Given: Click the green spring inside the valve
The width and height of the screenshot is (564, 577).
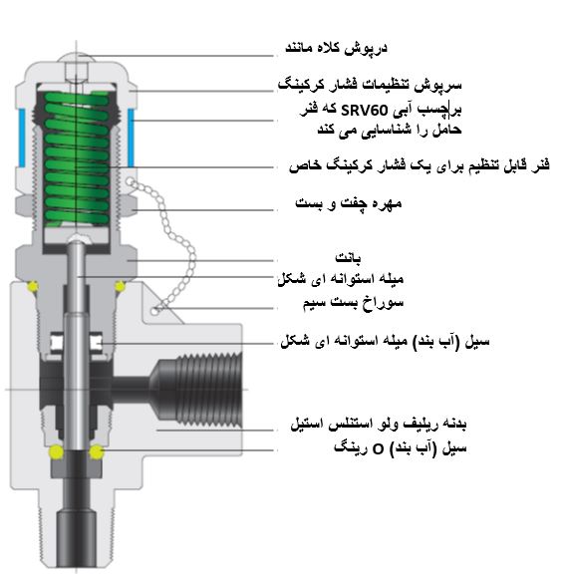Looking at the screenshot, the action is point(77,158).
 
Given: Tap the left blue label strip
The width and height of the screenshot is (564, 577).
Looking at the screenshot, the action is point(22,138).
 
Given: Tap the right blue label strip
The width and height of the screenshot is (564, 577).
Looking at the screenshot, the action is point(131,138).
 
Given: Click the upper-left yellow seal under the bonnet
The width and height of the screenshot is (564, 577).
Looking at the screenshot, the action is point(32,286).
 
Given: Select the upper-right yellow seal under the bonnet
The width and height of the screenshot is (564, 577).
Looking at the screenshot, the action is point(120,286).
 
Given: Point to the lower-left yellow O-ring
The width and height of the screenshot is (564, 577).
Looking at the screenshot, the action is point(56,451).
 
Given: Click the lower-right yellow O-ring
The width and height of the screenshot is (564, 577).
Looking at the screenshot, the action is point(97,451).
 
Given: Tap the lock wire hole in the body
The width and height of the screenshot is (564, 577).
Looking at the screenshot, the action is point(154,311).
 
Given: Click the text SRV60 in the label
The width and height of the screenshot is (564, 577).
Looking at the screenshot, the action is point(365,111).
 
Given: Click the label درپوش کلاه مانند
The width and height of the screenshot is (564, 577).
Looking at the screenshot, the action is point(336,48).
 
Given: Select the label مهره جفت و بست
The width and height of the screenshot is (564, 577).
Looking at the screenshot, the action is point(348,203).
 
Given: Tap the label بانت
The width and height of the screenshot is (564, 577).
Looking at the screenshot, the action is point(348,257).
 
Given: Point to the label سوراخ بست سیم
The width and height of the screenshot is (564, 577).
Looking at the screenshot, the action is point(353,303).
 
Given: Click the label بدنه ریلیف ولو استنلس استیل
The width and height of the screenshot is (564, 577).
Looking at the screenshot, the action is point(379,424).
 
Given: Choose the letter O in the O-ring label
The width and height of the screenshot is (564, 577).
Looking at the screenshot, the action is point(379,449).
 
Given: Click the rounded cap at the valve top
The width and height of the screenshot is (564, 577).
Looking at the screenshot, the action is point(77,58).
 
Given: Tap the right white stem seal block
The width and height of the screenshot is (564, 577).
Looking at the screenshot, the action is point(96,343).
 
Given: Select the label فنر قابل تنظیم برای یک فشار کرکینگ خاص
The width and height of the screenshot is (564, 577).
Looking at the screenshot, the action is point(420,164).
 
